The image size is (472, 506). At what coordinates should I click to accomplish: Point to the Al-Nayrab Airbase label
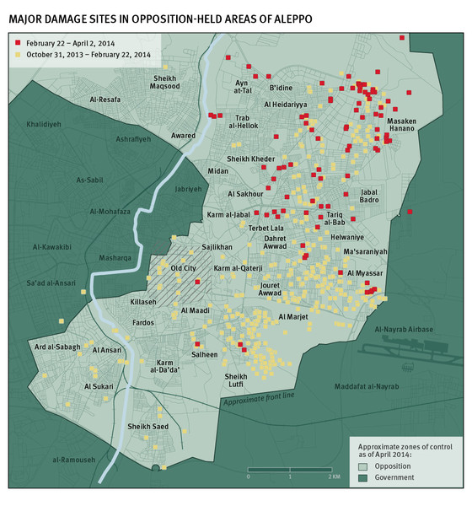pyautogui.click(x=404, y=329)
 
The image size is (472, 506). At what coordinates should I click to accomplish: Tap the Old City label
pyautogui.click(x=183, y=268)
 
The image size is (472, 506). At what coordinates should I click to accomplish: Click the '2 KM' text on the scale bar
pyautogui.click(x=335, y=476)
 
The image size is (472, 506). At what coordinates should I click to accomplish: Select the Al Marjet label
pyautogui.click(x=292, y=318)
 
